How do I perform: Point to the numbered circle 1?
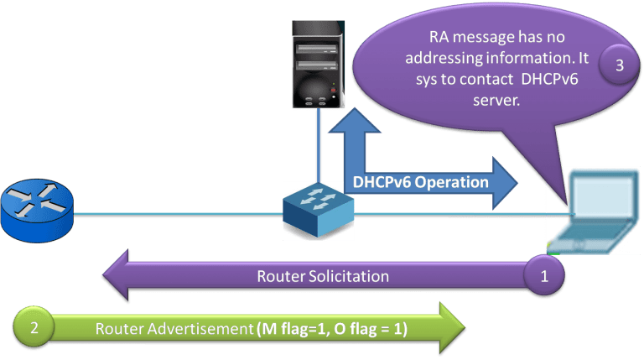(x=543, y=276)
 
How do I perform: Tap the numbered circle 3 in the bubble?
(x=619, y=67)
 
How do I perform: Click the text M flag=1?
(x=289, y=330)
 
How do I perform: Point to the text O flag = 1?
(x=368, y=330)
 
